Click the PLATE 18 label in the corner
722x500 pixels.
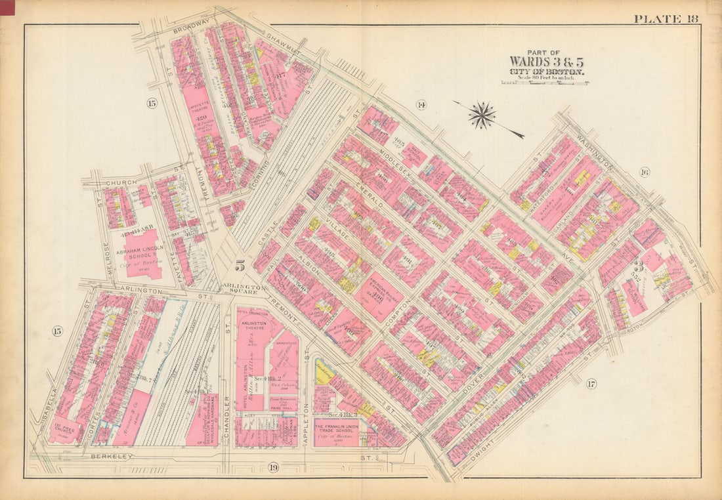[666, 18]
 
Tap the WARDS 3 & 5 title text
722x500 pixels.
[545, 62]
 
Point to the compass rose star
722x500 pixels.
[482, 115]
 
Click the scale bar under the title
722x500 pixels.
[545, 83]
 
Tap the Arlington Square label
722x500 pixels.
[244, 289]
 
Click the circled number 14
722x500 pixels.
[421, 104]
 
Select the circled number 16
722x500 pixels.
[643, 173]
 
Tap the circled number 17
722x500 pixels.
[591, 384]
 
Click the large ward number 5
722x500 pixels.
[240, 266]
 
